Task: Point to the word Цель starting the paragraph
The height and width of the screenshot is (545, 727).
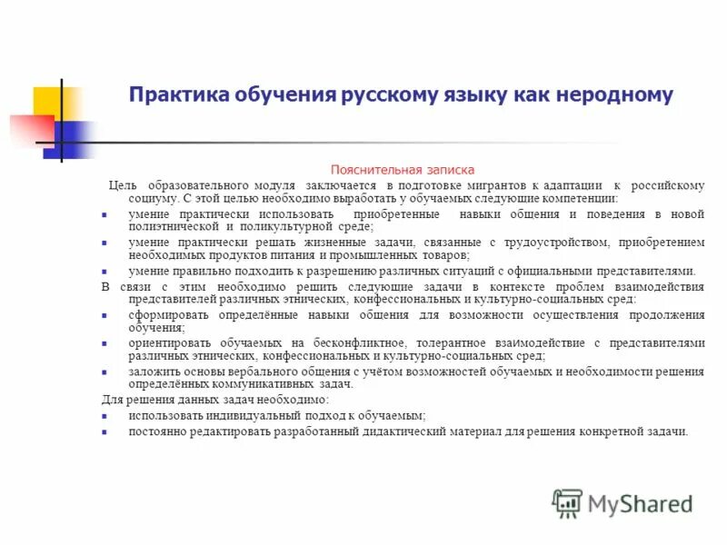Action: pos(124,185)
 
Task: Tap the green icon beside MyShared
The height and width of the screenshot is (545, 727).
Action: pos(568,503)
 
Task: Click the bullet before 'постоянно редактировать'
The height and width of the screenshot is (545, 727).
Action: pos(105,431)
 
